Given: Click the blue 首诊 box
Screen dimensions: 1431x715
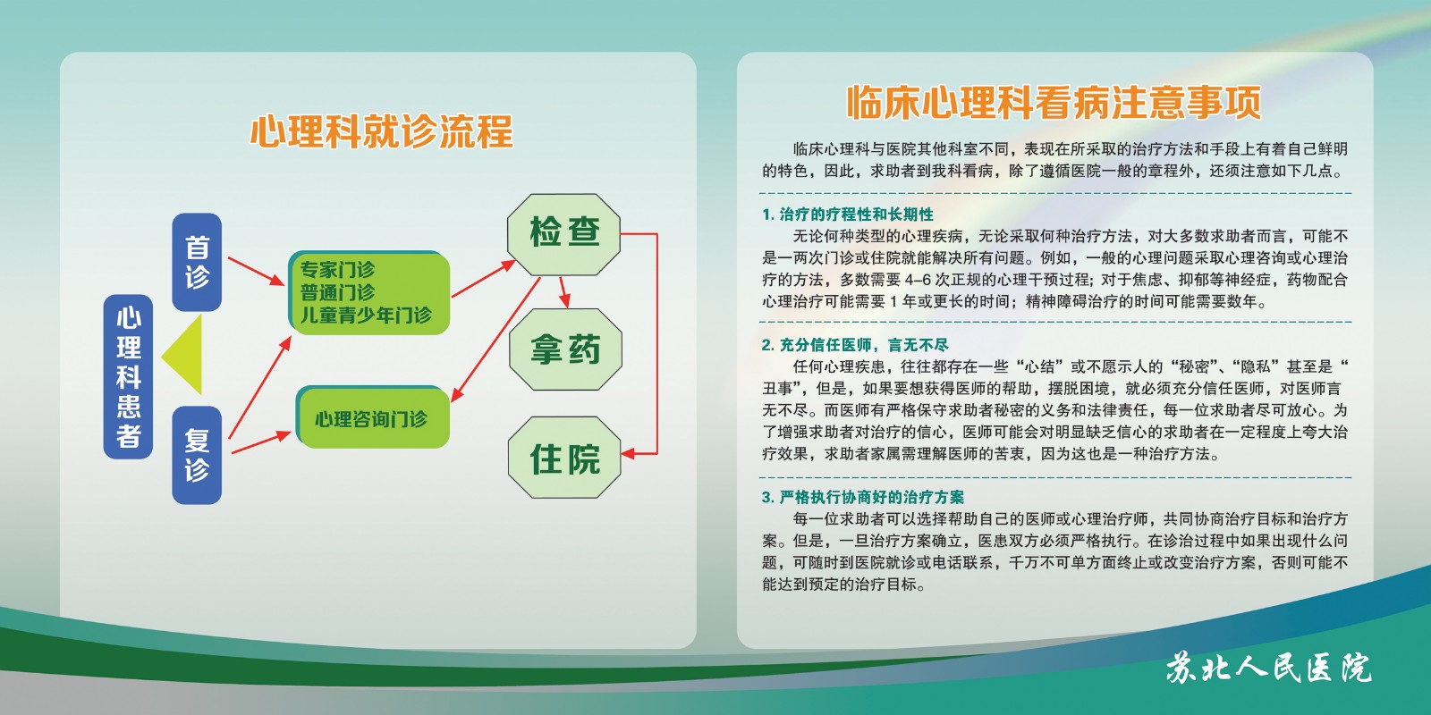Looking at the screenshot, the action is click(197, 263).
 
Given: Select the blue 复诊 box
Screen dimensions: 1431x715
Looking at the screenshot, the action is click(197, 455).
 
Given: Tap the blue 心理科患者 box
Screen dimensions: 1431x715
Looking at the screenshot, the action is click(129, 376).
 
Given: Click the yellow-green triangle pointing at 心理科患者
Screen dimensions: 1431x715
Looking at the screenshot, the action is click(182, 354).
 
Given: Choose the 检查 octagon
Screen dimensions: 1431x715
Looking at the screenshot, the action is click(564, 234).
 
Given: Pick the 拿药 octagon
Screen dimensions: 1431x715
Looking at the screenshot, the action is click(565, 349).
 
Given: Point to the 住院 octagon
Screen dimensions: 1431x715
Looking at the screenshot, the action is click(564, 457).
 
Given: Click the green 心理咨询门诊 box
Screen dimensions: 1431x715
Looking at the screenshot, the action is click(373, 416).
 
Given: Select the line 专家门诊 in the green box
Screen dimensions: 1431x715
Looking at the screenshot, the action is click(337, 269).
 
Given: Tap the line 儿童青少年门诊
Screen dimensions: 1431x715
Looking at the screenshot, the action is click(366, 315).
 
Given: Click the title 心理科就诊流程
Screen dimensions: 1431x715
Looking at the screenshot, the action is click(381, 132).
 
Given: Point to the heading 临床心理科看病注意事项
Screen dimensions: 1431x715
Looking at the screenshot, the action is click(1054, 102).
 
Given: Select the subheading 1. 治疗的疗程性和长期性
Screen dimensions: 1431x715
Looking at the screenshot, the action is click(848, 214).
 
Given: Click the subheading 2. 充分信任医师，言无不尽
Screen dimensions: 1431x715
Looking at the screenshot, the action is click(855, 345).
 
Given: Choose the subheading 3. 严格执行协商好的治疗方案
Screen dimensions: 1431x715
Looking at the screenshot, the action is click(863, 497).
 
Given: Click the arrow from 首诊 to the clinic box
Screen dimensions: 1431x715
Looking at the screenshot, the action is click(256, 272).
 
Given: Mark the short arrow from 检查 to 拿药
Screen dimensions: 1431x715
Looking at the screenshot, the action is click(564, 292).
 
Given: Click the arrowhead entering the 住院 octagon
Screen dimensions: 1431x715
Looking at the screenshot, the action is click(629, 454).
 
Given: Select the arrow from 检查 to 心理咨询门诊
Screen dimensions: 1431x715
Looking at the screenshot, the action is click(495, 340).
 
